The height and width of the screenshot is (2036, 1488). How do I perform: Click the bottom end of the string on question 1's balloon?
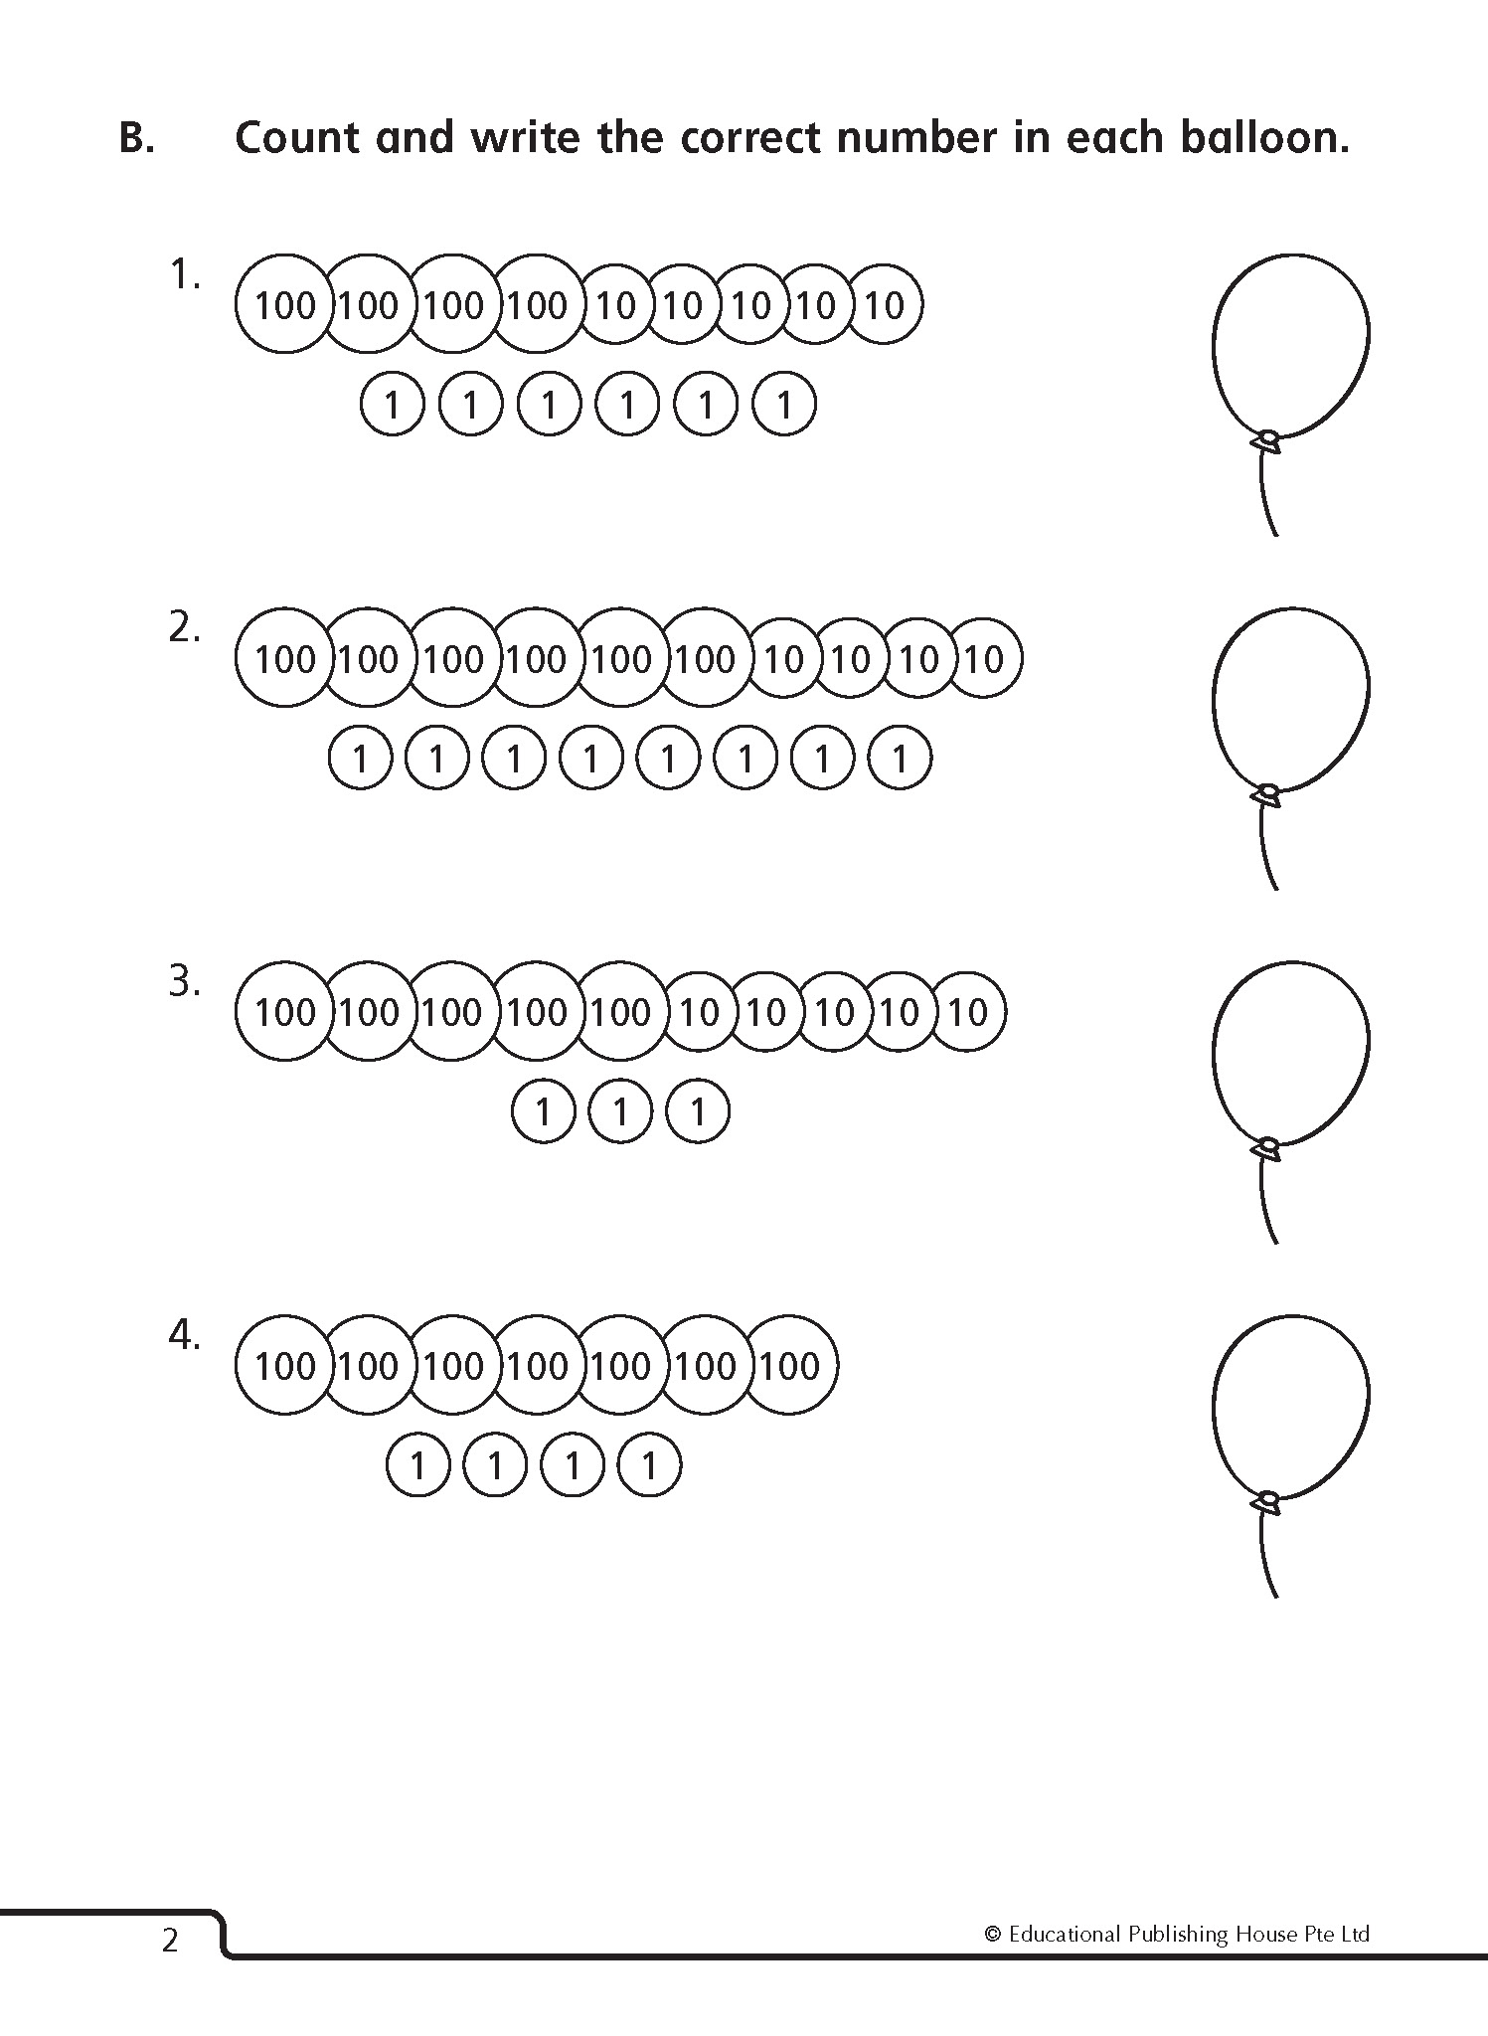1275,536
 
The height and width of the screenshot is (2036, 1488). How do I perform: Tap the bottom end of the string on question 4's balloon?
1275,1597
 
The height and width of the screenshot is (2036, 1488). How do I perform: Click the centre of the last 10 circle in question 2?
985,659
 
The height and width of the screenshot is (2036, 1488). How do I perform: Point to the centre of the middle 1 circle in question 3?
620,1112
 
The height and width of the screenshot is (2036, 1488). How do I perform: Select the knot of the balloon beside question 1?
1268,439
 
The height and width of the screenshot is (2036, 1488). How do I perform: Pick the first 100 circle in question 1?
284,305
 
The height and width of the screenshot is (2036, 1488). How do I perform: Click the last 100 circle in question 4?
790,1366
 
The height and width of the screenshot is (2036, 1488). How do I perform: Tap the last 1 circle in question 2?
900,760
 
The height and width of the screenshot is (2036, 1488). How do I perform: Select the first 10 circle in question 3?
699,1013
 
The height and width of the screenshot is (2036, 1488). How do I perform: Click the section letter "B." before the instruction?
137,138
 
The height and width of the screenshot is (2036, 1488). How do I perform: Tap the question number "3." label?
185,982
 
